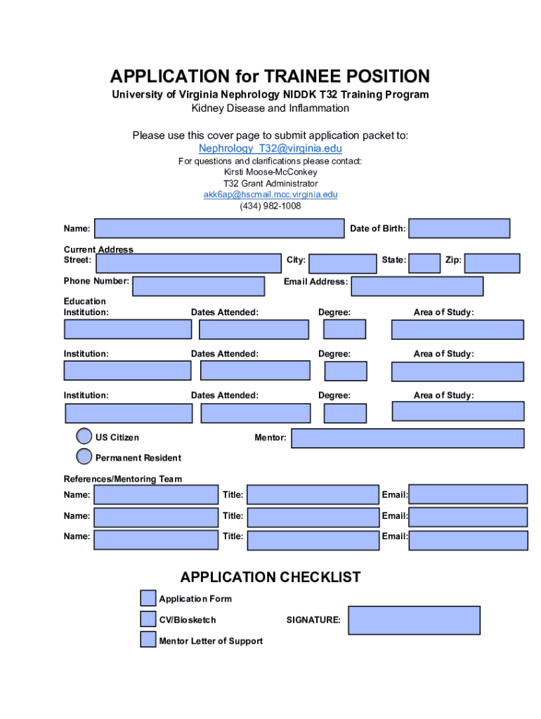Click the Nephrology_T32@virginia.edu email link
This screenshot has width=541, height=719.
tap(270, 148)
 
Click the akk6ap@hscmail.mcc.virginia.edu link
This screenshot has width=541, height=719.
tap(270, 194)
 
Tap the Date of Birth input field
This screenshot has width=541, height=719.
tap(459, 228)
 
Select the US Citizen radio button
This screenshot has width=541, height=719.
tap(84, 437)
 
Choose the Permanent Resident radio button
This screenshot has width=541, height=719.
tap(84, 457)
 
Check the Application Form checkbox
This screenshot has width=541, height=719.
tap(148, 598)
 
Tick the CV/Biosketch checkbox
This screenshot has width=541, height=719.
tap(148, 619)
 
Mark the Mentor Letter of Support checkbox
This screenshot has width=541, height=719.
tap(148, 640)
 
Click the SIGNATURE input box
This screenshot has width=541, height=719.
tap(414, 621)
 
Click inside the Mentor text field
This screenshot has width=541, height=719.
tap(408, 438)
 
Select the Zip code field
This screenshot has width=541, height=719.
tap(492, 263)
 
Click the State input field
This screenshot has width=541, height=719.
tap(424, 263)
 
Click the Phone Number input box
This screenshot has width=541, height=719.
tap(198, 286)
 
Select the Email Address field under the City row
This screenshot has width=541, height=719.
tap(417, 286)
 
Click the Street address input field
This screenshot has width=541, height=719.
tap(188, 263)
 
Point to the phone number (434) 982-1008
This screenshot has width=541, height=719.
tap(270, 206)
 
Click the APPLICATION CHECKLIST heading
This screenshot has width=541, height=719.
tap(270, 577)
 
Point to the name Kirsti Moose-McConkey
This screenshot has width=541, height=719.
tap(270, 172)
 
